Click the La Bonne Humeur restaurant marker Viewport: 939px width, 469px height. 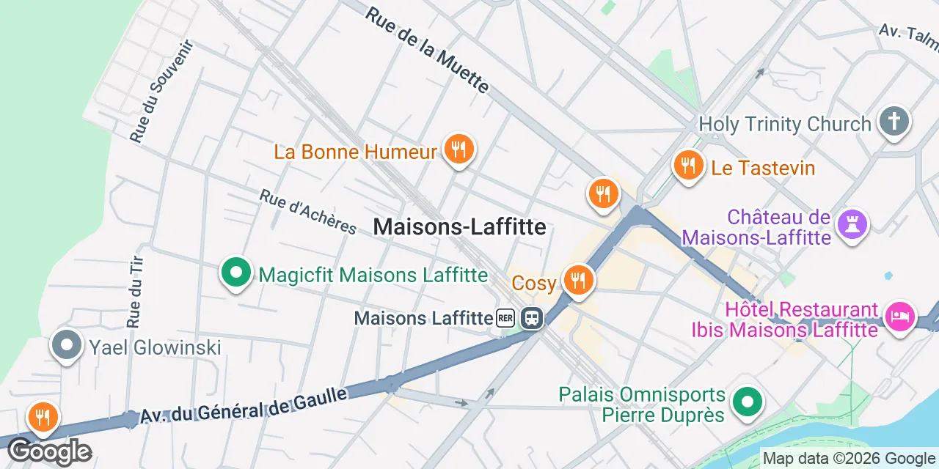click(458, 150)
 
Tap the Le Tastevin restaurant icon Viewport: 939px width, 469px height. click(688, 166)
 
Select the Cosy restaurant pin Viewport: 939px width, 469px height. click(578, 280)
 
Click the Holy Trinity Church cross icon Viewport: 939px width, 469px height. click(894, 122)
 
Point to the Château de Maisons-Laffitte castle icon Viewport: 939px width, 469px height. click(852, 223)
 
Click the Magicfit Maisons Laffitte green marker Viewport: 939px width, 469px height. click(236, 273)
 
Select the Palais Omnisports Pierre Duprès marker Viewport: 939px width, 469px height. click(747, 402)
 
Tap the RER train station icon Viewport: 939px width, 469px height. click(531, 318)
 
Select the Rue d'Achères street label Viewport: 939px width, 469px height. click(308, 212)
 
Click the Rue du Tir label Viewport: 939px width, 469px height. click(134, 291)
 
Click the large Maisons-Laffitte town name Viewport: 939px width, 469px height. click(459, 227)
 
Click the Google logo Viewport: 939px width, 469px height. click(49, 451)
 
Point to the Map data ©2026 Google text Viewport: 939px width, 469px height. click(850, 459)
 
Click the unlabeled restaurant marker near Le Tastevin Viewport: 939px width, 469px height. click(603, 194)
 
